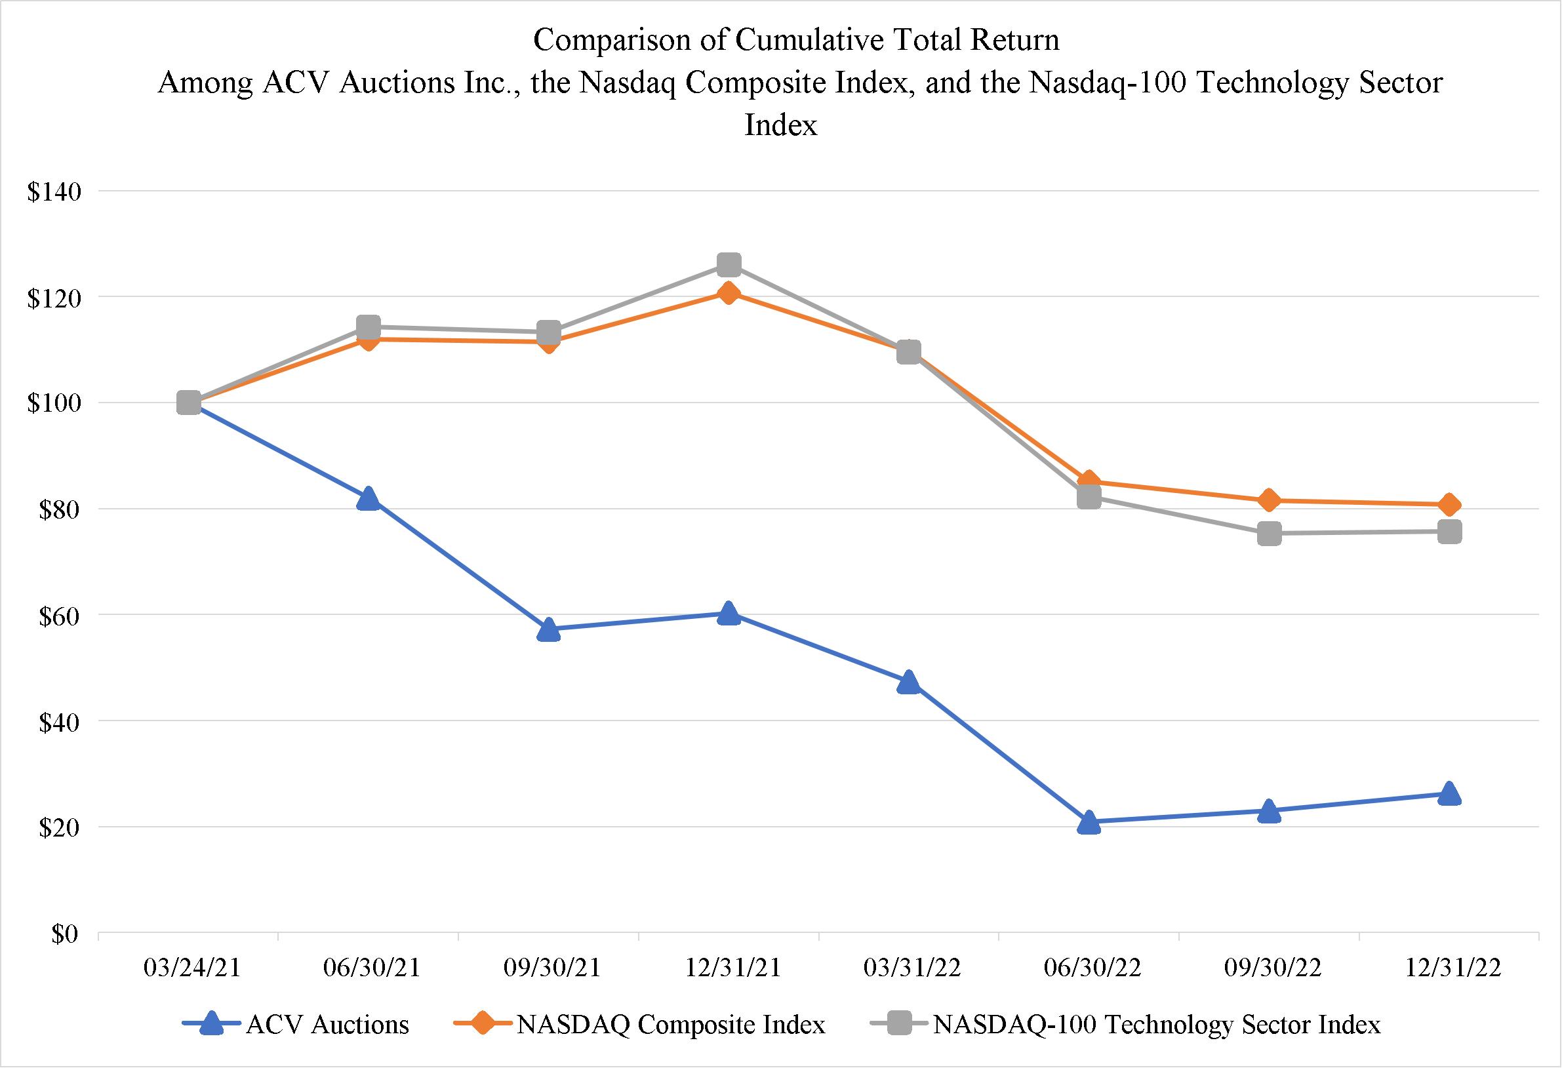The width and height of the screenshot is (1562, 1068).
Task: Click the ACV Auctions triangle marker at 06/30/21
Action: click(x=369, y=499)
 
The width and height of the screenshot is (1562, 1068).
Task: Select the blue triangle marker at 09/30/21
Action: click(x=549, y=629)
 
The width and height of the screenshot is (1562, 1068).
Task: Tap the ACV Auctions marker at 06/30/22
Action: click(x=1089, y=822)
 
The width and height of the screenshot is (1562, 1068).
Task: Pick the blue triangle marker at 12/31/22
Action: click(x=1449, y=793)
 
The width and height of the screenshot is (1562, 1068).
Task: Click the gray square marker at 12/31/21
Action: click(x=729, y=266)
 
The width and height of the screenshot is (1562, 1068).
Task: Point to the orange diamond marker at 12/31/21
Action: click(x=729, y=293)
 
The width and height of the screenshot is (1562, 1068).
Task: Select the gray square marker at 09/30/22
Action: click(x=1269, y=534)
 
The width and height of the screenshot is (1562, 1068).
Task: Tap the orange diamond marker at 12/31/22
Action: click(x=1449, y=504)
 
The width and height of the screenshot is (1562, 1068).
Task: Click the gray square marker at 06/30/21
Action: click(x=369, y=327)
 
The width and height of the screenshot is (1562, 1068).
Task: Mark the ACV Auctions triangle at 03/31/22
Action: click(x=909, y=682)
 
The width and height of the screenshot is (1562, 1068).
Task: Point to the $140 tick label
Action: click(x=54, y=192)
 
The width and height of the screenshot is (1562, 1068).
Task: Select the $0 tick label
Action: click(x=65, y=934)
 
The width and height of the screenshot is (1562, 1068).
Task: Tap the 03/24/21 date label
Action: click(x=191, y=968)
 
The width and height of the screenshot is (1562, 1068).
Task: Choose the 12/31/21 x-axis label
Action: click(x=732, y=968)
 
